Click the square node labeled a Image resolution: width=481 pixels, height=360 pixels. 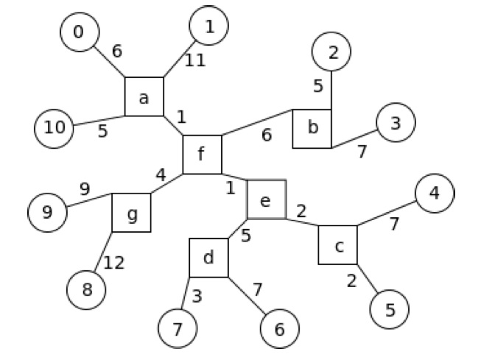tap(144, 96)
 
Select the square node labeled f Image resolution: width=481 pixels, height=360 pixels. tap(202, 155)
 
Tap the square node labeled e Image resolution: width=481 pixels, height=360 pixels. tap(267, 200)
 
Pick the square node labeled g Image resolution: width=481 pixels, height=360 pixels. tap(131, 213)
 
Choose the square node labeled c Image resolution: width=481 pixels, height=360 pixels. tap(338, 244)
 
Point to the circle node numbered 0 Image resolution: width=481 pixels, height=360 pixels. tap(80, 32)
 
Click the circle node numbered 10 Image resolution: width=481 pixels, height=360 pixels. tap(54, 129)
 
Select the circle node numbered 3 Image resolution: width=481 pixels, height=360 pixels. tap(396, 122)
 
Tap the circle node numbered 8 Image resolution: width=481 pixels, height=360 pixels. tap(86, 290)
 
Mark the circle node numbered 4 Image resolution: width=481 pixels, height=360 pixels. tap(435, 193)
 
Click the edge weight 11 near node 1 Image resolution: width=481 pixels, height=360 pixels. tap(195, 60)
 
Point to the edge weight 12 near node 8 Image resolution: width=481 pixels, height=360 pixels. tap(114, 263)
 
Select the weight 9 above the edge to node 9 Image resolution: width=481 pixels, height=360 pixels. tap(85, 189)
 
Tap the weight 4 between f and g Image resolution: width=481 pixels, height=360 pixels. tap(161, 175)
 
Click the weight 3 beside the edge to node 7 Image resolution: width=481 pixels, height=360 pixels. tap(197, 297)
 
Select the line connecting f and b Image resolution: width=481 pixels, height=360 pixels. tap(257, 122)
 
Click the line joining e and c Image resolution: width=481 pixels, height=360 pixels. tap(303, 222)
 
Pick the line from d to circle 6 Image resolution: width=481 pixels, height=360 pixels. tap(247, 296)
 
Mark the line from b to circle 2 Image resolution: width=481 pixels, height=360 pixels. tap(331, 90)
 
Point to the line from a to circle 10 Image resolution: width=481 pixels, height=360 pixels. tap(99, 121)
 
